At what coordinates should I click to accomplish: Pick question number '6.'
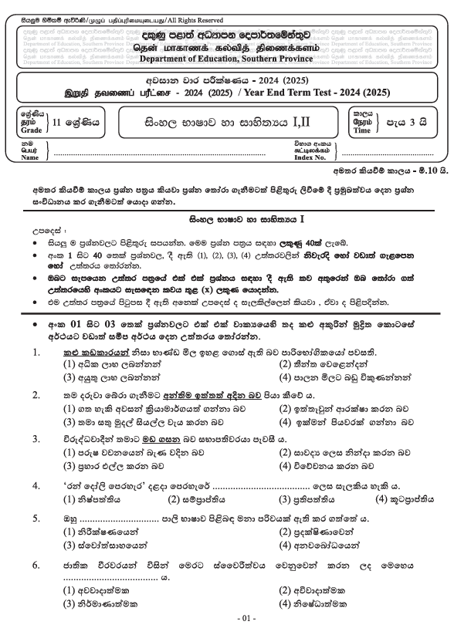36,566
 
